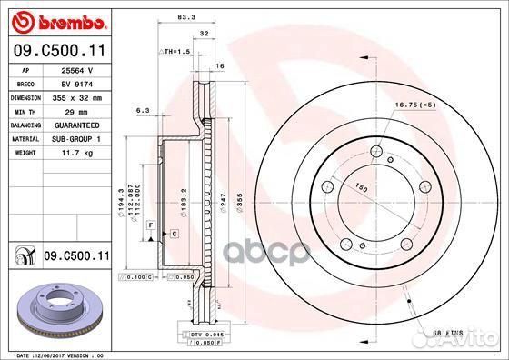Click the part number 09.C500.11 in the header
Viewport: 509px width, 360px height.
[55, 52]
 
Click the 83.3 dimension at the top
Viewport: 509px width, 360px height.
[187, 16]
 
